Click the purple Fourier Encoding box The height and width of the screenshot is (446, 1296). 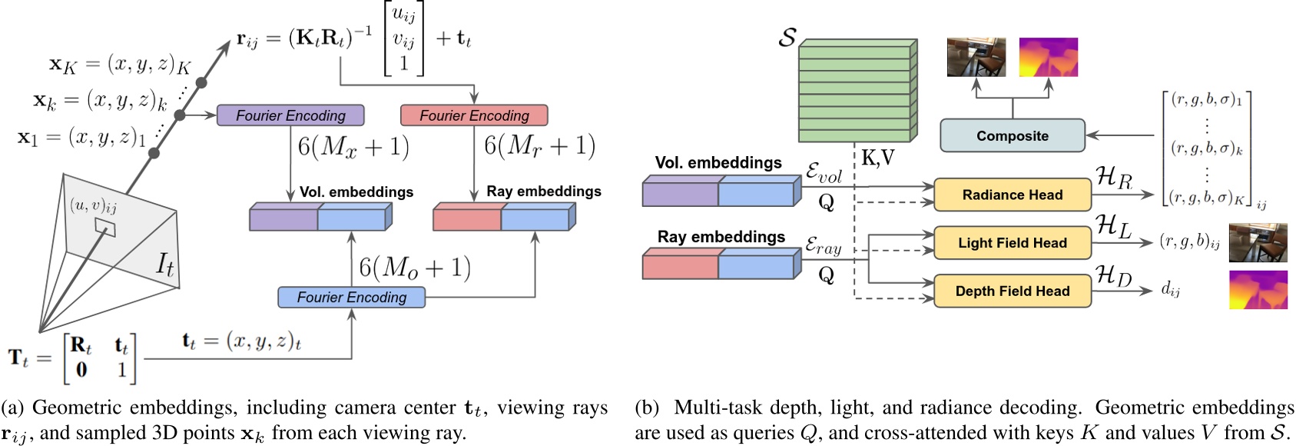click(x=290, y=115)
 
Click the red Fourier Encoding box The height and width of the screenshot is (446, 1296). click(x=474, y=115)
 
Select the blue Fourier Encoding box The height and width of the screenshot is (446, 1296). click(x=351, y=298)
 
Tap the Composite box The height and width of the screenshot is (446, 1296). click(x=1012, y=136)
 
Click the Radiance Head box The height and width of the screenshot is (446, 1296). click(x=1012, y=195)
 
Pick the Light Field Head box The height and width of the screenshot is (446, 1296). click(x=1012, y=243)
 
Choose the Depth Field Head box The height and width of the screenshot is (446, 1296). click(x=1012, y=291)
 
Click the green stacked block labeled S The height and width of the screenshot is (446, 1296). click(x=857, y=91)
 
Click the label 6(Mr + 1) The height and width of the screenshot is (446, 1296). click(x=539, y=145)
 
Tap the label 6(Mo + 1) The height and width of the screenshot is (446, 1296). click(x=415, y=268)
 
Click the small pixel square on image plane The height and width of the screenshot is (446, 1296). click(x=105, y=228)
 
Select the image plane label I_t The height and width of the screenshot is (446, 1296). click(x=165, y=265)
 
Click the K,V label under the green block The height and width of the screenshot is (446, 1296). click(x=877, y=158)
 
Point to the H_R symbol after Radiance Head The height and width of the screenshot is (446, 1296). click(x=1115, y=178)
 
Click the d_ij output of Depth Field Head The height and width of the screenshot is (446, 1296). click(x=1171, y=289)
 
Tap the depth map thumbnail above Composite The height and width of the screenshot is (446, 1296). click(x=1048, y=57)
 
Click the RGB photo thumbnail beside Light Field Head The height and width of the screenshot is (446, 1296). click(x=1258, y=243)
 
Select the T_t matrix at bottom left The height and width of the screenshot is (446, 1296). click(x=73, y=358)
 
